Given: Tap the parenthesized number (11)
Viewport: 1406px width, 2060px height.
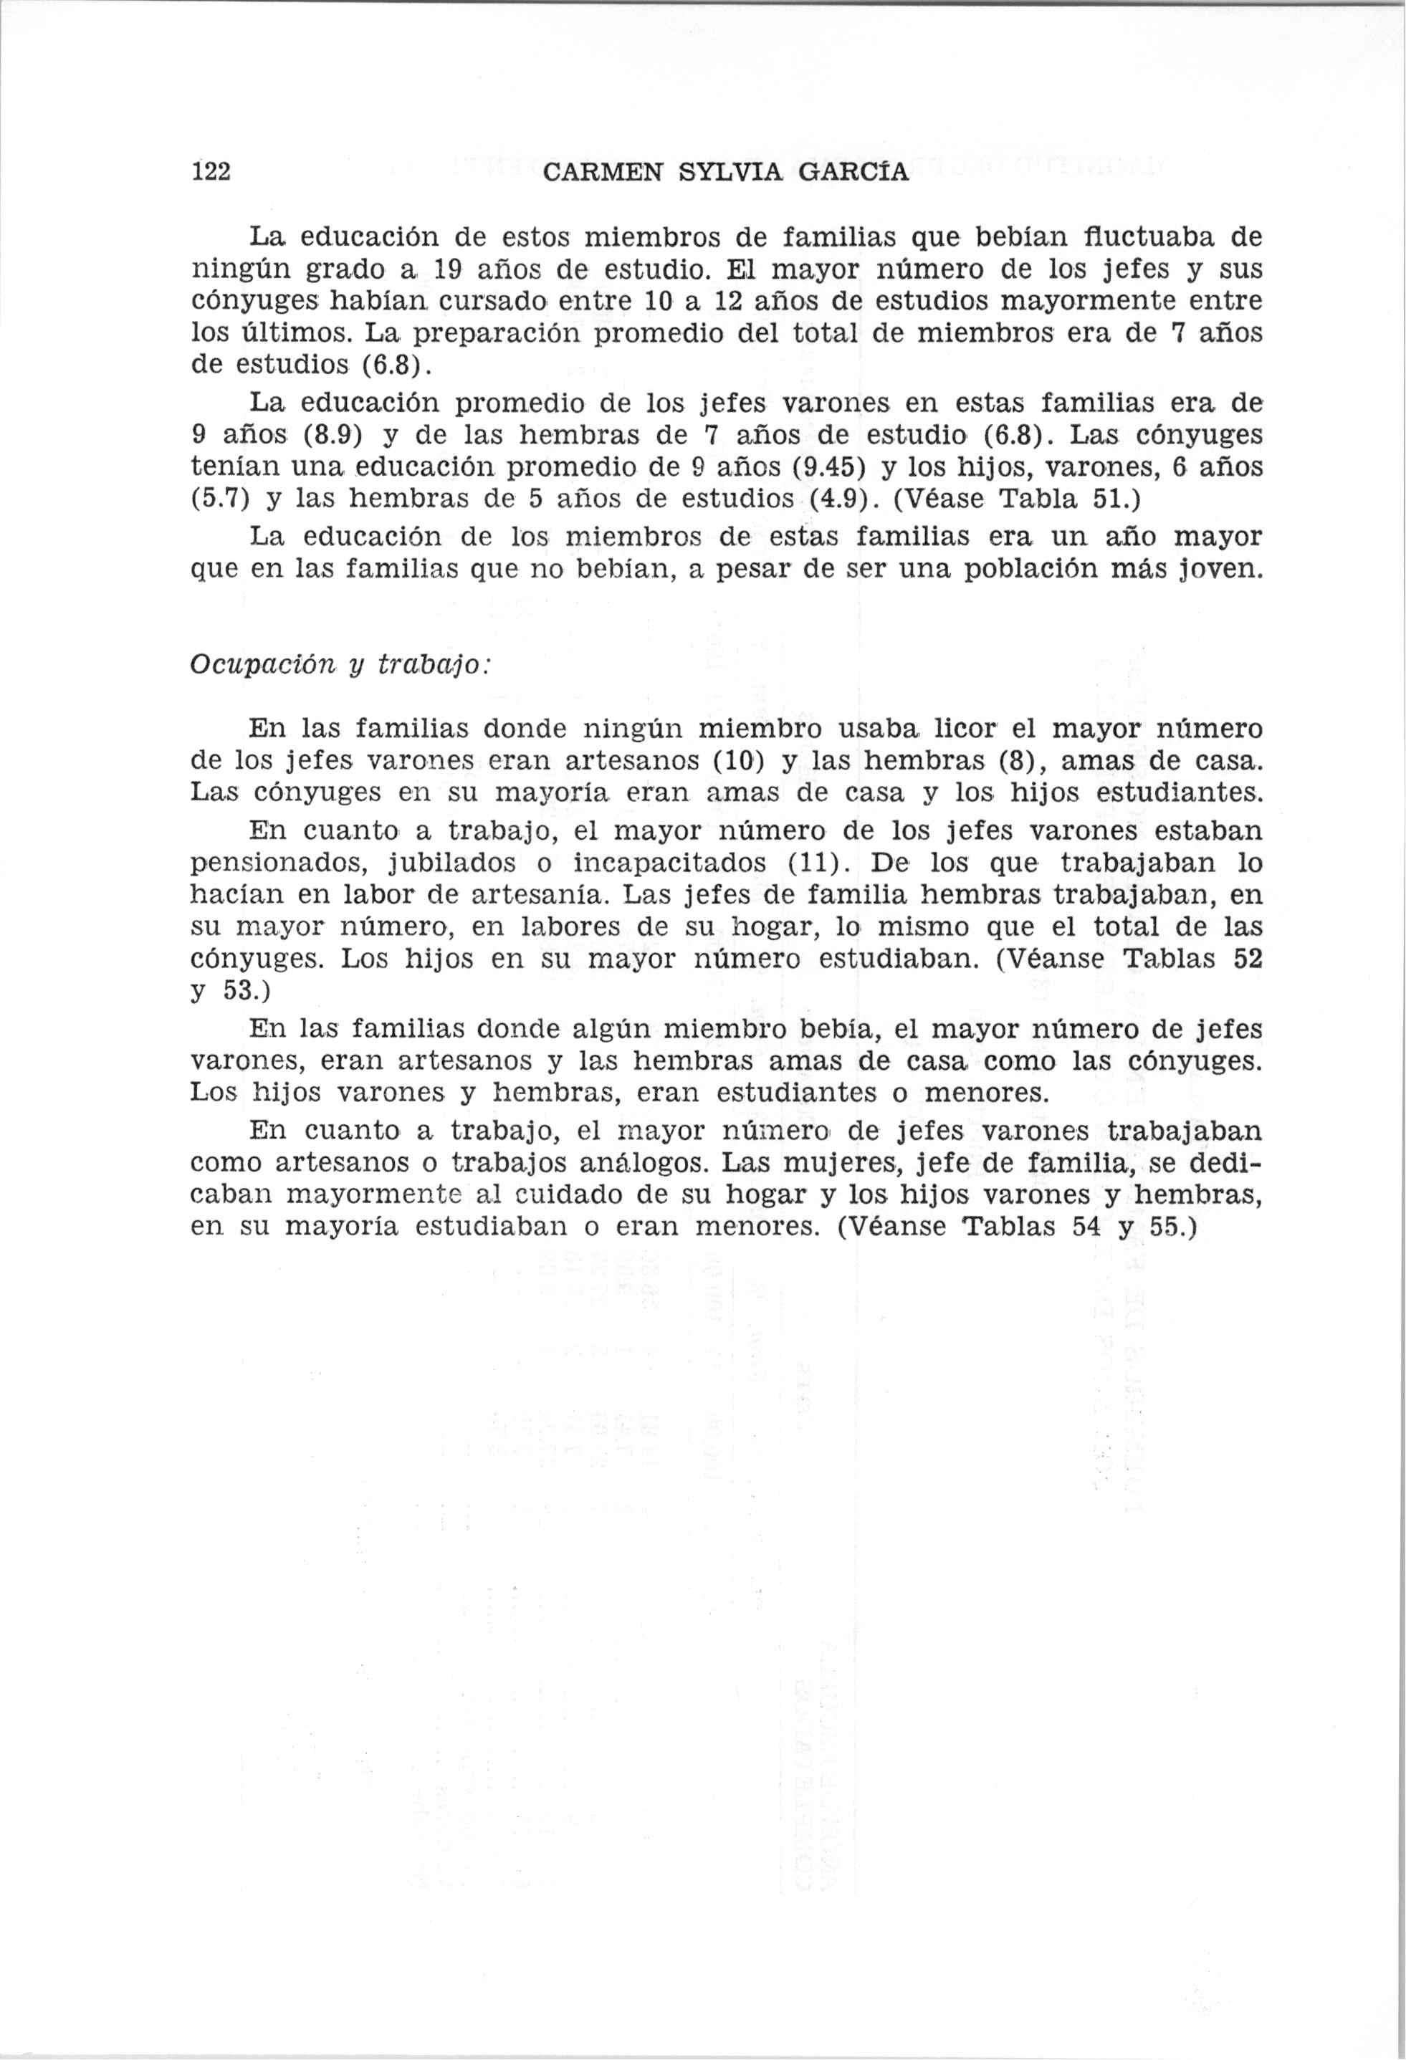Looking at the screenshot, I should click(x=819, y=863).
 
